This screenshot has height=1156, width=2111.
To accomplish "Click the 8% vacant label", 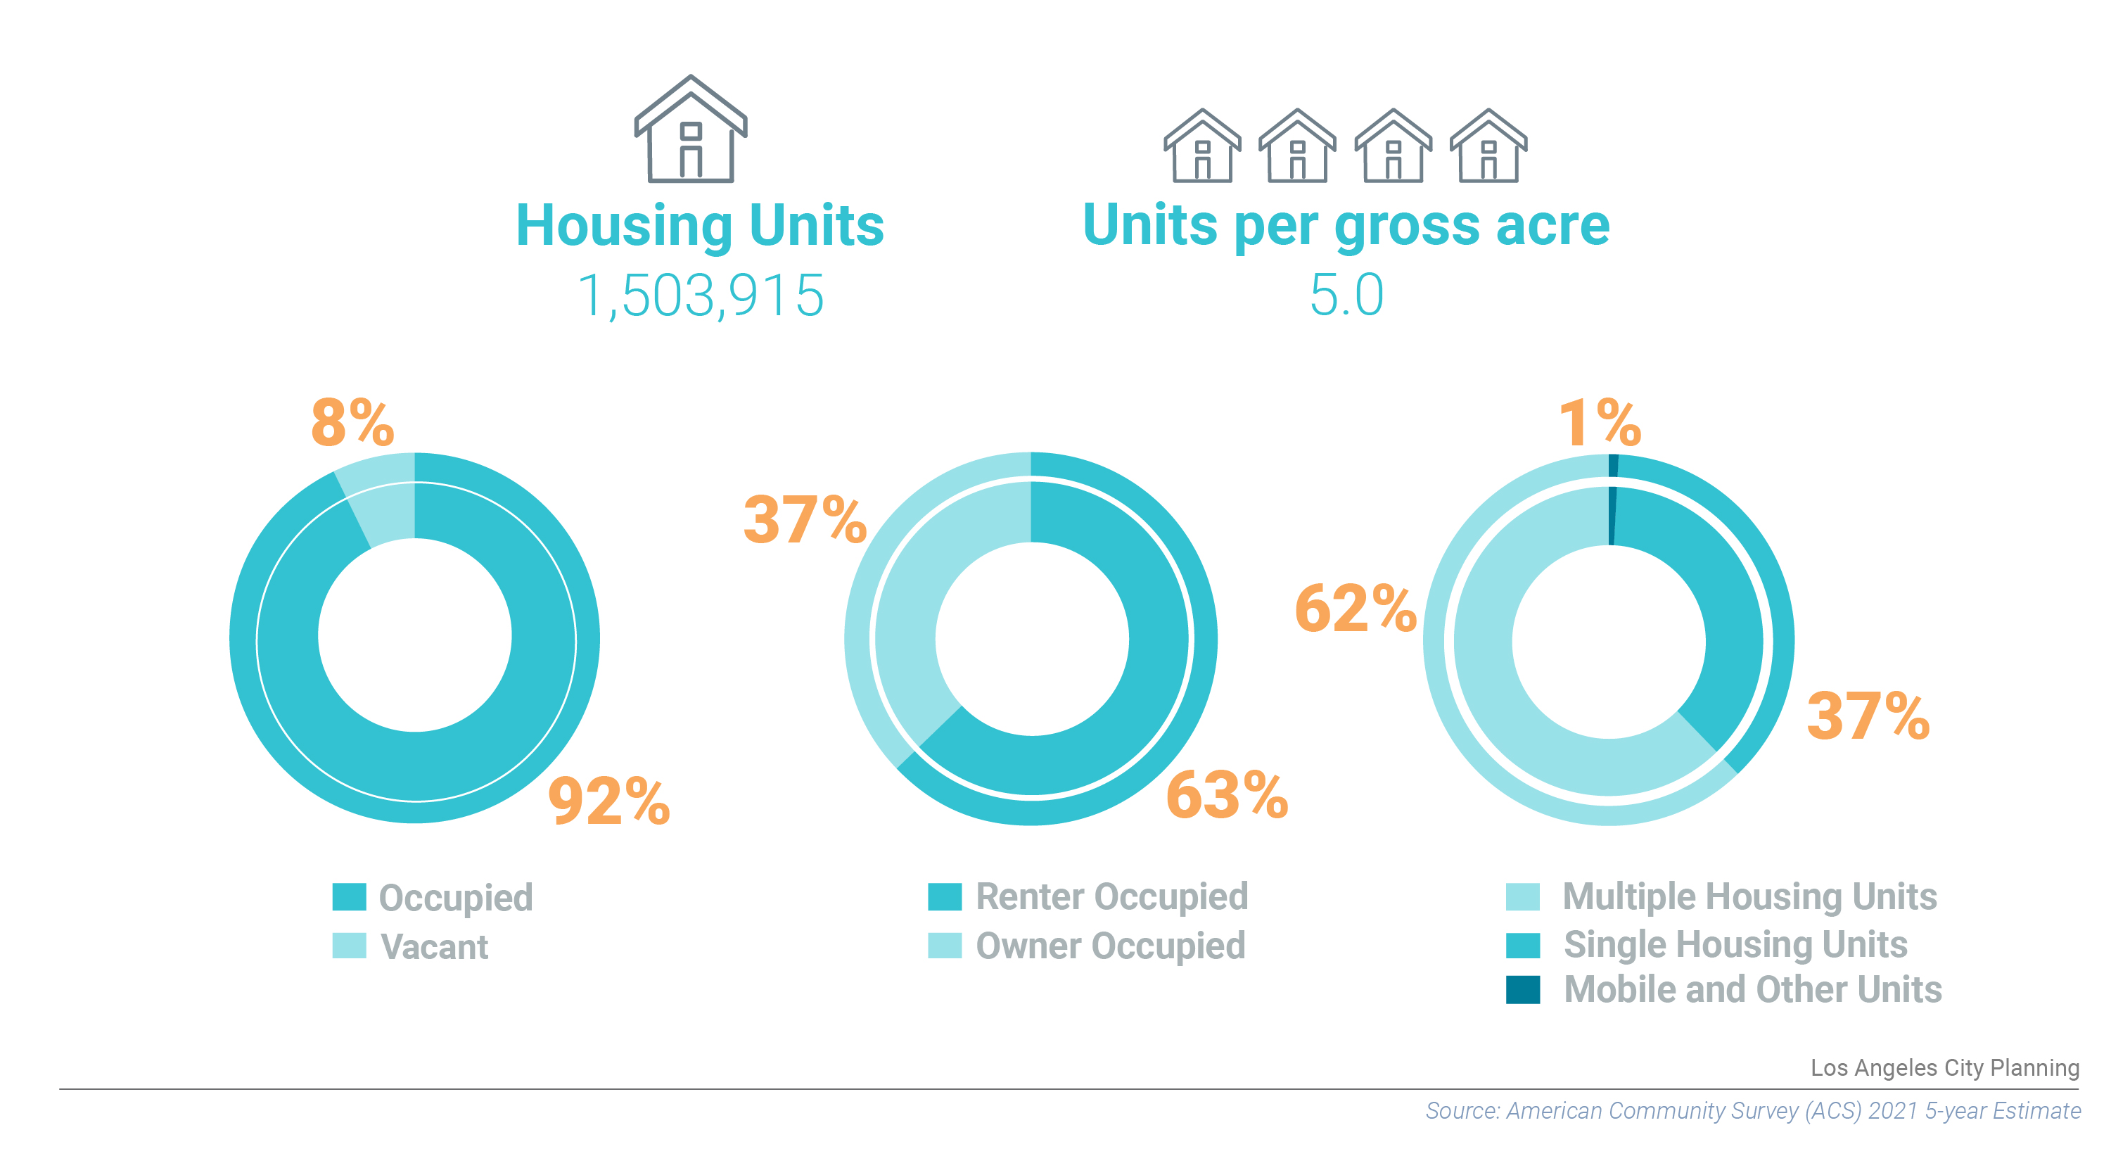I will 352,423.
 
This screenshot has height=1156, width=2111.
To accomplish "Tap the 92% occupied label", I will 609,801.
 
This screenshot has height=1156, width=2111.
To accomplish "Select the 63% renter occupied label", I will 1227,795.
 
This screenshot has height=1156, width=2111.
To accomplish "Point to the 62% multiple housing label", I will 1356,609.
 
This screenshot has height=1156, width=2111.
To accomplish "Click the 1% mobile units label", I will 1599,423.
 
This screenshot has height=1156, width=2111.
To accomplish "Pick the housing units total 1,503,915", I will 701,296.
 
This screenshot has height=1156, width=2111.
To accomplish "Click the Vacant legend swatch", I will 349,946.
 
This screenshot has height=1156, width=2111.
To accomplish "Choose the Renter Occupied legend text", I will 1111,897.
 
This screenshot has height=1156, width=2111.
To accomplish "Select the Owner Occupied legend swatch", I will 944,946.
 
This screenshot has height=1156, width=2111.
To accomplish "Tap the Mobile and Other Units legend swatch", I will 1523,989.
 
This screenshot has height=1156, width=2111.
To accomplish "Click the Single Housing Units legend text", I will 1735,944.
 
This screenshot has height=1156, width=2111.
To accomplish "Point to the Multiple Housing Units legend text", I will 1749,897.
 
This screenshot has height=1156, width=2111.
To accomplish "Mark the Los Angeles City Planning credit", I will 1944,1067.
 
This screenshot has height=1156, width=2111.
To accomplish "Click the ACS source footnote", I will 1752,1111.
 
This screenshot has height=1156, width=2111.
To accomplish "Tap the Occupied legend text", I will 456,898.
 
